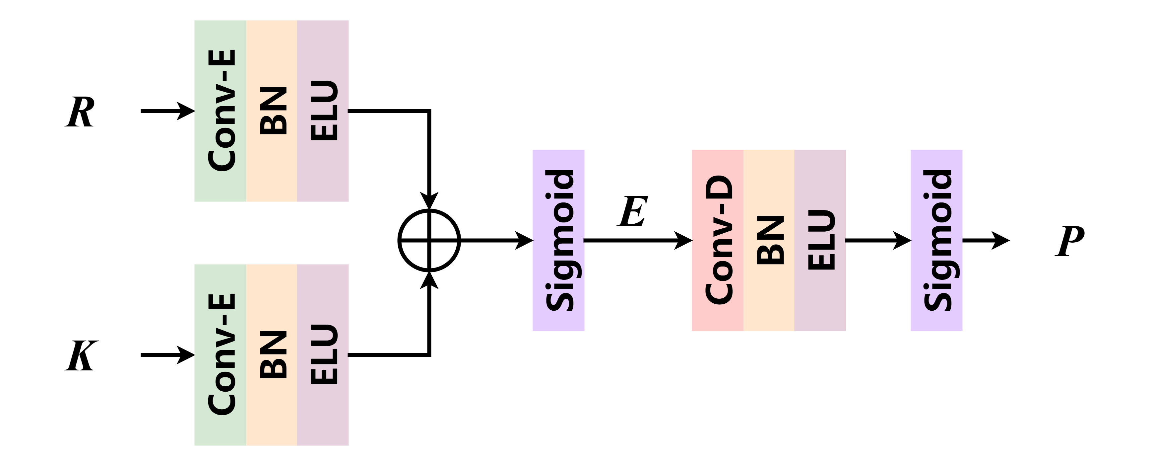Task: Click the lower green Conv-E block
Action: click(221, 355)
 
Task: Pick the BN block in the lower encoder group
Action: click(272, 355)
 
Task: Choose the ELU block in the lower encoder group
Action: click(323, 355)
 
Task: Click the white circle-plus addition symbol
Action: click(429, 241)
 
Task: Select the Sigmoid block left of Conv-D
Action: click(558, 240)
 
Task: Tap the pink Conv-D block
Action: click(717, 240)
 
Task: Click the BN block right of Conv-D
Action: click(769, 240)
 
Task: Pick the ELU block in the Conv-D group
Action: click(820, 240)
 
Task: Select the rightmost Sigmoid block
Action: click(936, 240)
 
